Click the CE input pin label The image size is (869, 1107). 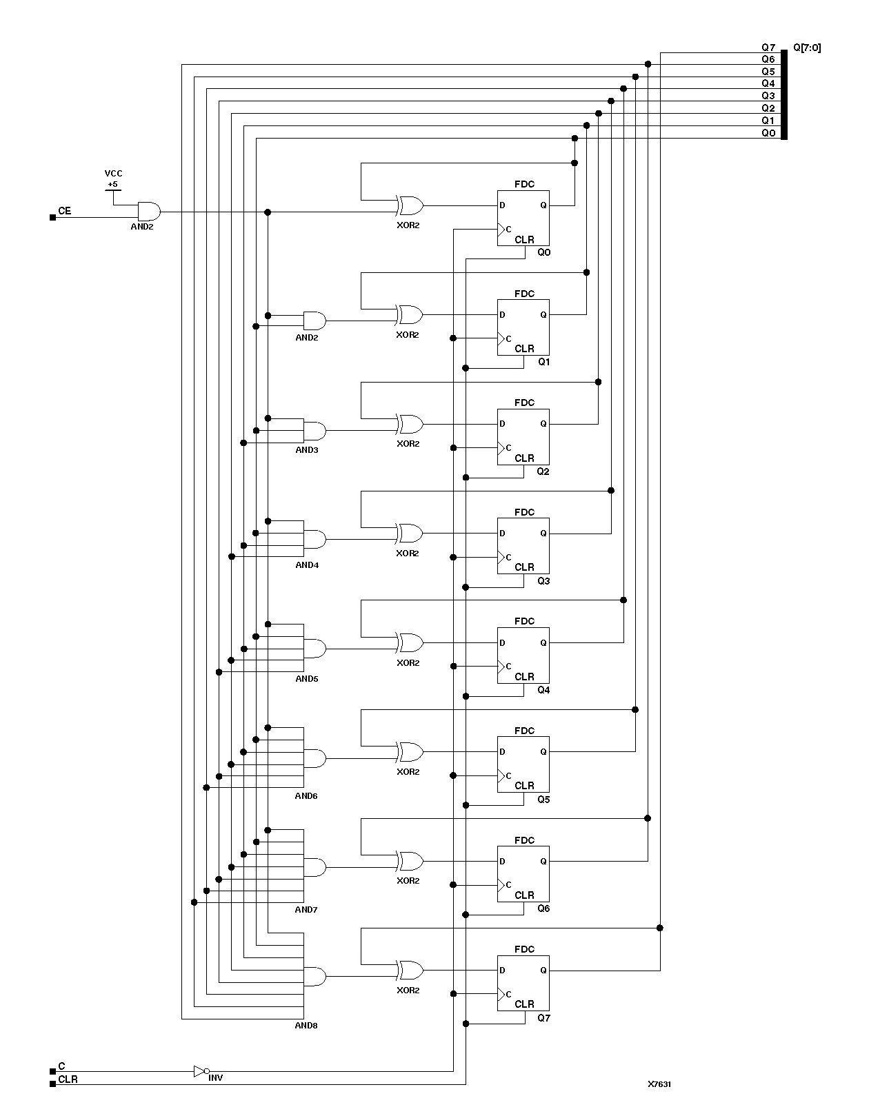click(64, 211)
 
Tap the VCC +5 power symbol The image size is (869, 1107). click(113, 180)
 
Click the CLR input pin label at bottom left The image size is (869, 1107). click(68, 1079)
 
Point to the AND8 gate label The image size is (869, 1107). click(306, 1025)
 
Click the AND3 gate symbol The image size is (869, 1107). click(314, 431)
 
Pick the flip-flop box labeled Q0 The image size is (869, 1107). click(523, 218)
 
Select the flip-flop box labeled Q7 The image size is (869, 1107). click(523, 983)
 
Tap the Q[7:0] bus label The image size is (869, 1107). click(807, 48)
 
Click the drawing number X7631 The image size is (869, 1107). click(659, 1084)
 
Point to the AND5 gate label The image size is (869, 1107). click(306, 678)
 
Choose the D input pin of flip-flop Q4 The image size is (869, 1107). click(502, 642)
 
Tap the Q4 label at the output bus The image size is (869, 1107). click(768, 83)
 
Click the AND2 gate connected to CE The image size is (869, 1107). click(148, 211)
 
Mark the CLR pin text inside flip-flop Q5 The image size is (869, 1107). click(524, 785)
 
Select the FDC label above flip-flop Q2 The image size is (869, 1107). click(524, 403)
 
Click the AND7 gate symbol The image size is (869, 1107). click(314, 867)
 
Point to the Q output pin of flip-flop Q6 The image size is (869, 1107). click(543, 861)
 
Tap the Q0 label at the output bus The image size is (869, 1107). click(768, 133)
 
